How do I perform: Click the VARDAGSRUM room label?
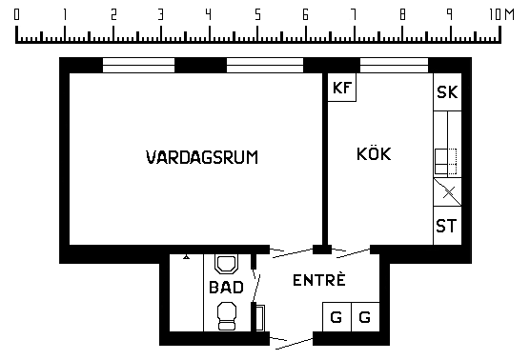202,157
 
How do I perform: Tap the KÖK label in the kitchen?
374,153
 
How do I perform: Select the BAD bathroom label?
226,288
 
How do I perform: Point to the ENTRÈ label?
319,280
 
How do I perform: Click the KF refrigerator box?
342,87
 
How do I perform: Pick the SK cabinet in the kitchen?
447,91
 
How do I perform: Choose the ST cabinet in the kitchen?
447,226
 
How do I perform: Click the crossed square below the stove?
447,192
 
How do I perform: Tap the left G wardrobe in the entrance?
337,317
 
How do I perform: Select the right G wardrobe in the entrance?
365,317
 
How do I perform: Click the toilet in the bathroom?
227,316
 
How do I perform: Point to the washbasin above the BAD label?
226,265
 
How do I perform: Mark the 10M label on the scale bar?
501,14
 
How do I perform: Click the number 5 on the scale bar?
258,14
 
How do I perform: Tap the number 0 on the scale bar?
16,14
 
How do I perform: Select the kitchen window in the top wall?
394,65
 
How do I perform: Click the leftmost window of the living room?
138,65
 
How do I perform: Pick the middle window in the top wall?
265,65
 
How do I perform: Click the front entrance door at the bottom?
292,341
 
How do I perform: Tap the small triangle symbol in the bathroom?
186,257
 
